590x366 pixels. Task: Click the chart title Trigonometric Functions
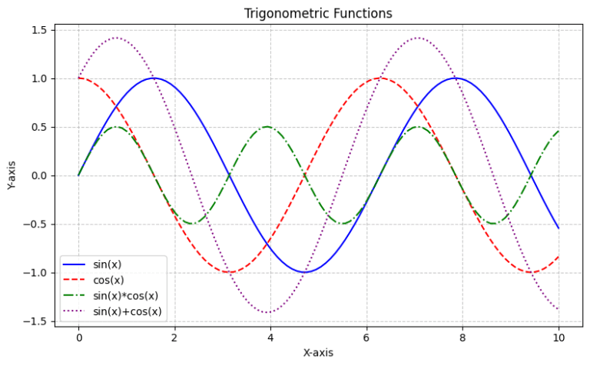click(x=318, y=13)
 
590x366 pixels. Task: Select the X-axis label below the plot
click(x=318, y=353)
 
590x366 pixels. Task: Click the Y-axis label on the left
click(x=12, y=175)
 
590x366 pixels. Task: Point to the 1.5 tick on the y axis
click(x=39, y=30)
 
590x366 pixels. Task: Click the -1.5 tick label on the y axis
click(x=36, y=321)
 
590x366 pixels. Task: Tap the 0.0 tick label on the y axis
click(x=39, y=175)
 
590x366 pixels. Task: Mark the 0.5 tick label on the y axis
click(x=39, y=127)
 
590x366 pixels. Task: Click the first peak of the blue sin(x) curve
click(x=154, y=78)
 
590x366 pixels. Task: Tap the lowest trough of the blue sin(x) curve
click(x=304, y=272)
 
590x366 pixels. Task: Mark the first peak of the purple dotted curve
click(x=116, y=38)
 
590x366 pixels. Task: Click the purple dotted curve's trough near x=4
click(x=267, y=312)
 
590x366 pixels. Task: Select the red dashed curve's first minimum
click(x=229, y=272)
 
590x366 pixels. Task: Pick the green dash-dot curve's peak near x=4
click(x=267, y=127)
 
